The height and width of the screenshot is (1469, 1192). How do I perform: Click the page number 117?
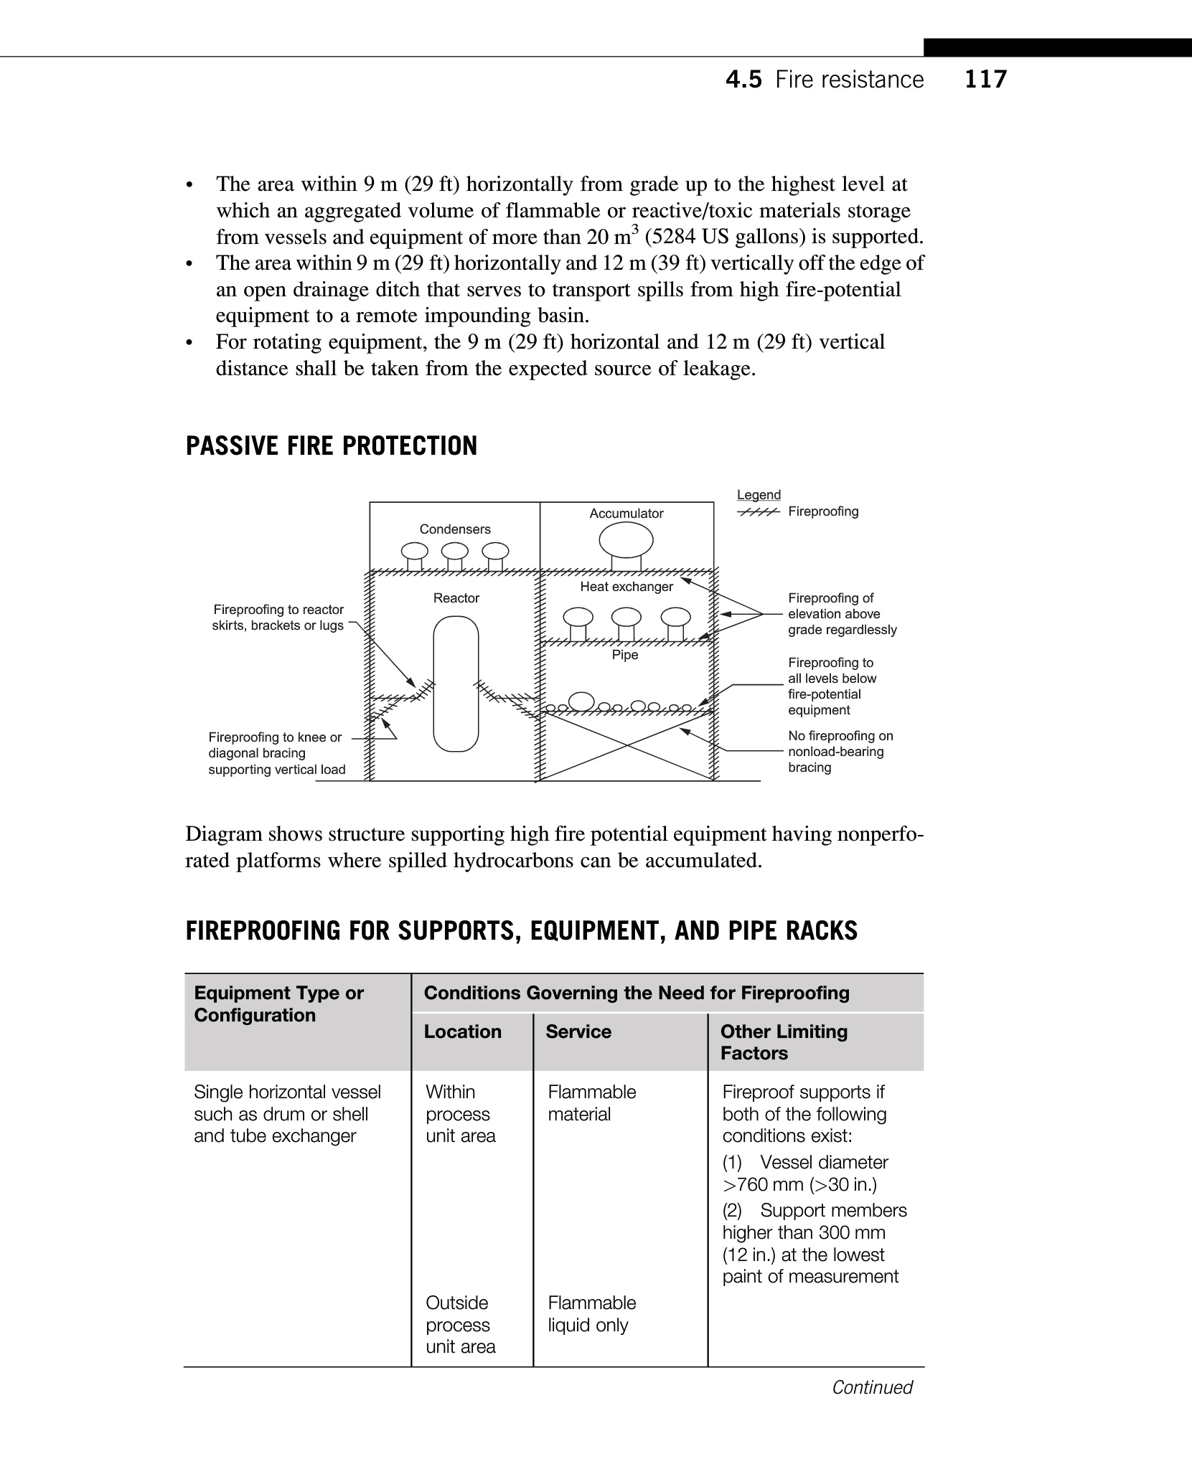pyautogui.click(x=985, y=79)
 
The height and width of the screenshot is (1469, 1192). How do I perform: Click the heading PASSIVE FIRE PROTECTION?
pyautogui.click(x=331, y=445)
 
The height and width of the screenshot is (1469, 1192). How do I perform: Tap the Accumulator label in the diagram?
pyautogui.click(x=626, y=513)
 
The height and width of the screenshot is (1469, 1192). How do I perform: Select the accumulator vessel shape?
pyautogui.click(x=626, y=540)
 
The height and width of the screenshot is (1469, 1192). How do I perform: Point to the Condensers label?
pyautogui.click(x=455, y=529)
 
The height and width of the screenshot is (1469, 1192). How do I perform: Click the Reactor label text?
pyautogui.click(x=456, y=597)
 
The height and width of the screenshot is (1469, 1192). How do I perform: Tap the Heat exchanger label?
pyautogui.click(x=626, y=587)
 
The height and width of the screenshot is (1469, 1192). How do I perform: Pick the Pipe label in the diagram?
pyautogui.click(x=625, y=655)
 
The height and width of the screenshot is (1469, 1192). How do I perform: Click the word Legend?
pyautogui.click(x=759, y=495)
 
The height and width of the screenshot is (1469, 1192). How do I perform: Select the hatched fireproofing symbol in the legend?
pyautogui.click(x=759, y=512)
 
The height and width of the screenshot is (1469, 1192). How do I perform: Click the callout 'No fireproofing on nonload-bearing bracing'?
pyautogui.click(x=840, y=752)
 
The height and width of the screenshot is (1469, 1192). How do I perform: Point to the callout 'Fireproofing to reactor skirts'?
pyautogui.click(x=278, y=618)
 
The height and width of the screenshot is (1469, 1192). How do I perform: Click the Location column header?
pyautogui.click(x=463, y=1031)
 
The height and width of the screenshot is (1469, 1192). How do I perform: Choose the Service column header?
pyautogui.click(x=578, y=1031)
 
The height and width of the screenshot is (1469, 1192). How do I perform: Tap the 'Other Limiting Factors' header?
pyautogui.click(x=784, y=1042)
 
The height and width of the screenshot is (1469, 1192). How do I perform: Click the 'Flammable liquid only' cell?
pyautogui.click(x=591, y=1313)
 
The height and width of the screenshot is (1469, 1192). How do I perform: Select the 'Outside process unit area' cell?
pyautogui.click(x=460, y=1324)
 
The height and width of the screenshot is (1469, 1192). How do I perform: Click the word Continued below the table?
pyautogui.click(x=872, y=1387)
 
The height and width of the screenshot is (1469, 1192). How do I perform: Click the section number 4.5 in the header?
pyautogui.click(x=743, y=79)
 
